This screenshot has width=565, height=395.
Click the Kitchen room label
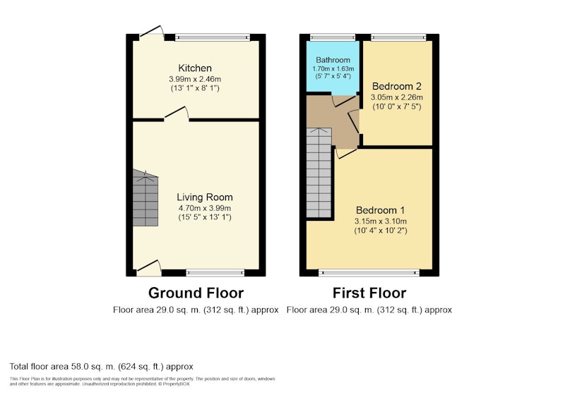pos(195,68)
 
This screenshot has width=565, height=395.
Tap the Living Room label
pos(205,197)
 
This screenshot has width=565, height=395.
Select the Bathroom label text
pos(333,60)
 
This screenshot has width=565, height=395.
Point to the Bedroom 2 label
pos(397,86)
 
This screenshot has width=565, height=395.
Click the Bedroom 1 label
pos(381,210)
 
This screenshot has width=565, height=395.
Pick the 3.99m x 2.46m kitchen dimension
pos(195,79)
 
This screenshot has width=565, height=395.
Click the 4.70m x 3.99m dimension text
pos(205,208)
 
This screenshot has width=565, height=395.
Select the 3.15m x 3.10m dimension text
pos(381,221)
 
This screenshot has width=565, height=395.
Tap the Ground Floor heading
pos(196,293)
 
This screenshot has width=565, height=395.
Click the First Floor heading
pos(369,293)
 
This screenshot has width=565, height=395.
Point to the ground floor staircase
pos(145,198)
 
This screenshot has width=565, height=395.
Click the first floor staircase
pos(319,173)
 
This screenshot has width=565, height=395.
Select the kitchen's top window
pos(213,37)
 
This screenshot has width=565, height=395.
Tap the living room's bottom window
pos(215,273)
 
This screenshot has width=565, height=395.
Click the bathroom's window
pos(333,37)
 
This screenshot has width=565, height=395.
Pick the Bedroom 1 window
pos(369,273)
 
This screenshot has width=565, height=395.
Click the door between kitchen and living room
pos(177,113)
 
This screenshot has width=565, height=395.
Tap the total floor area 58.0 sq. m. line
pos(101,367)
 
